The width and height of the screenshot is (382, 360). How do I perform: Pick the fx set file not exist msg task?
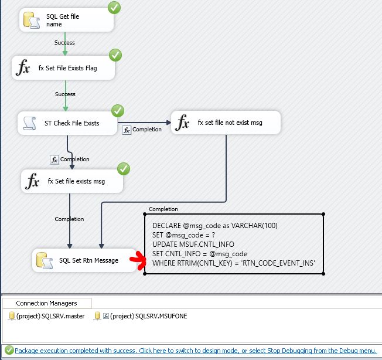tap(226, 123)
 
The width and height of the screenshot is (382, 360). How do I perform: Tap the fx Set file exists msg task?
tap(72, 181)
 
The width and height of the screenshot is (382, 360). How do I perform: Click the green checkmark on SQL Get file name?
tap(115, 8)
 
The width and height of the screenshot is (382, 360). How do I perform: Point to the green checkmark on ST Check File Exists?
tap(118, 111)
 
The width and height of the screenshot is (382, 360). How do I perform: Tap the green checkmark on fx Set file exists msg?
tap(123, 169)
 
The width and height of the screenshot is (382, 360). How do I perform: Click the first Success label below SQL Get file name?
tap(64, 42)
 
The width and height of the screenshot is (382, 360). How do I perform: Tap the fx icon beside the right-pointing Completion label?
tap(126, 130)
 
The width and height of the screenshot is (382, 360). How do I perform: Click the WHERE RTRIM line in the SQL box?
tap(233, 263)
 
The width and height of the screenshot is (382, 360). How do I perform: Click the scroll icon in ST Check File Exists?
tap(30, 123)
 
